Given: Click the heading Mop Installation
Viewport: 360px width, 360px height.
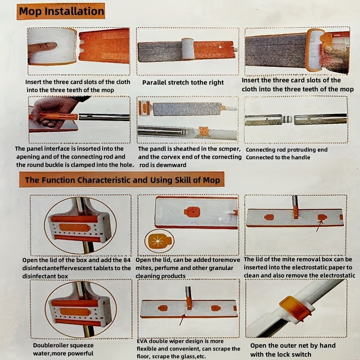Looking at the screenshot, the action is [61, 11].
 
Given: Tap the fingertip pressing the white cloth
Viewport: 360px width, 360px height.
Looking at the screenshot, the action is [53, 45].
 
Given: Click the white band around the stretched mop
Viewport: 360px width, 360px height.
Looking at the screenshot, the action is [188, 49].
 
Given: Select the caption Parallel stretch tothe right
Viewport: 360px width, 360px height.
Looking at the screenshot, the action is [183, 82].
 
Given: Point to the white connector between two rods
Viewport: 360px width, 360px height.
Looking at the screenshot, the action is [288, 119].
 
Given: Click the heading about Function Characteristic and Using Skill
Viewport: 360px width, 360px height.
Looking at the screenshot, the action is [122, 180].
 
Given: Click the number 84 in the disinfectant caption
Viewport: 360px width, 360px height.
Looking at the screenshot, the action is [127, 260].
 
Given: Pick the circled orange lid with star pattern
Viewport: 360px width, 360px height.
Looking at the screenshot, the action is [159, 241].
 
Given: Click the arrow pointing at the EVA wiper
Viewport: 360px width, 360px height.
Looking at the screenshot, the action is [182, 319].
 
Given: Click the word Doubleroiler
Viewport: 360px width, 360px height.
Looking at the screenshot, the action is [48, 346].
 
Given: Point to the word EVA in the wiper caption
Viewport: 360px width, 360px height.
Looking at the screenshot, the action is [142, 342].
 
